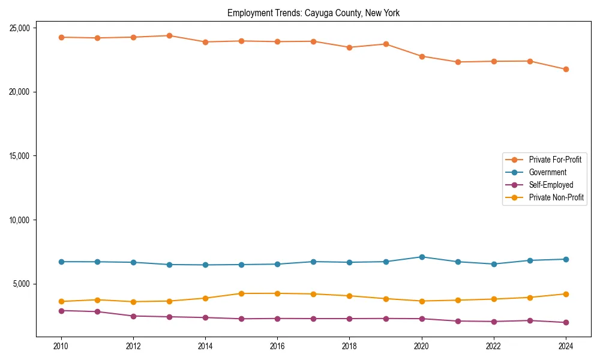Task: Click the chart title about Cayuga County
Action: pyautogui.click(x=313, y=13)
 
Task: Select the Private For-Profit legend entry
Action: pyautogui.click(x=554, y=160)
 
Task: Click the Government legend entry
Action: pyautogui.click(x=547, y=172)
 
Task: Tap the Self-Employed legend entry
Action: pyautogui.click(x=551, y=185)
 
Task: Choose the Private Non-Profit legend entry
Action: pyautogui.click(x=556, y=197)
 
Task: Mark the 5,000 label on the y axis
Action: pyautogui.click(x=22, y=284)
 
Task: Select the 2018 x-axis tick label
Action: pyautogui.click(x=350, y=346)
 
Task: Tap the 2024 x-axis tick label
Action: pyautogui.click(x=566, y=346)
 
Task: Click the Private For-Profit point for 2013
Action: pyautogui.click(x=169, y=35)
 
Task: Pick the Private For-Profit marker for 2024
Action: pyautogui.click(x=566, y=69)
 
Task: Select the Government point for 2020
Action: pyautogui.click(x=422, y=257)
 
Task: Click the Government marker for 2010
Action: pyautogui.click(x=61, y=262)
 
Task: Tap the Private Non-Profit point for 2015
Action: pyautogui.click(x=241, y=293)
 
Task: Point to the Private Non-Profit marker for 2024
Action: pyautogui.click(x=566, y=294)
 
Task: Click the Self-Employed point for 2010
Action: pyautogui.click(x=61, y=311)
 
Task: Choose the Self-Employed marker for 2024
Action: pyautogui.click(x=566, y=322)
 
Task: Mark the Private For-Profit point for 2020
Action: pyautogui.click(x=422, y=56)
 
